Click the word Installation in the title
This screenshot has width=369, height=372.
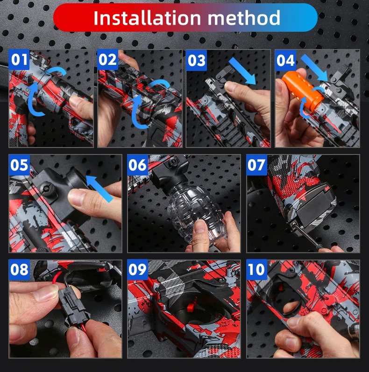[x=147, y=18]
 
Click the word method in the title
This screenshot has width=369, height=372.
[x=244, y=18]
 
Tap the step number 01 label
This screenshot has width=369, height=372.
[x=19, y=60]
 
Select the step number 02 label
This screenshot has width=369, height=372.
[x=107, y=60]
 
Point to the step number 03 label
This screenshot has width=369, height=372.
[x=196, y=60]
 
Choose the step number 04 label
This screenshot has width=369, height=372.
[x=285, y=60]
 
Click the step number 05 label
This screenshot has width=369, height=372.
[x=19, y=165]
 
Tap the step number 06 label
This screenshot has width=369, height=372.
[x=137, y=165]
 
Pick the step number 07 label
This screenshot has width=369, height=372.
[x=256, y=165]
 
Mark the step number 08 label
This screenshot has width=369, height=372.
[x=19, y=269]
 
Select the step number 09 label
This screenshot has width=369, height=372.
[x=137, y=269]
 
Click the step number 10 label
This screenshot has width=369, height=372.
[x=256, y=269]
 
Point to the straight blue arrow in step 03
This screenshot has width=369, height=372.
[x=242, y=70]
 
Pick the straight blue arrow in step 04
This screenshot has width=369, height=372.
[x=314, y=68]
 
